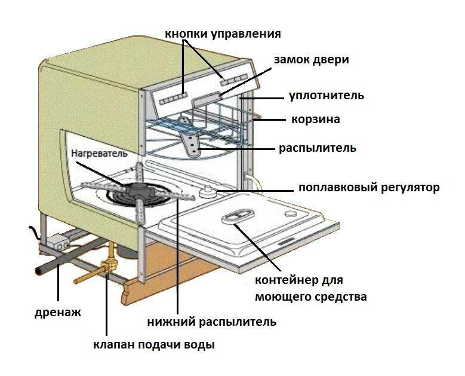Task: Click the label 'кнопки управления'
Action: (x=222, y=33)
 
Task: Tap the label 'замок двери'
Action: (x=311, y=60)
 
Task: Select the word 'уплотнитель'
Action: (x=326, y=95)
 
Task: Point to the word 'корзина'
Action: (x=315, y=120)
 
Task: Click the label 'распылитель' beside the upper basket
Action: (x=317, y=148)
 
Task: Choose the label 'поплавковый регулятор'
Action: (x=368, y=188)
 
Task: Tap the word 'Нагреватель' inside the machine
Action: (x=100, y=153)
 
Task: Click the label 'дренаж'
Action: (x=57, y=311)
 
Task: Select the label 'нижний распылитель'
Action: (x=211, y=322)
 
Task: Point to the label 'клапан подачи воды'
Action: (x=153, y=345)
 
